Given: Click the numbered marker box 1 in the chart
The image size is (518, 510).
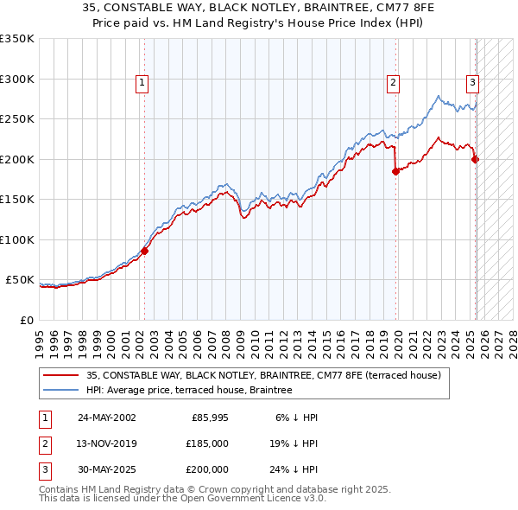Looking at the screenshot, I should pyautogui.click(x=142, y=83).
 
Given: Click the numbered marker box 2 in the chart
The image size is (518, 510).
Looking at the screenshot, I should pyautogui.click(x=393, y=83).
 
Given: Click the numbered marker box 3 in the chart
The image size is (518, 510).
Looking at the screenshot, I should pyautogui.click(x=473, y=83).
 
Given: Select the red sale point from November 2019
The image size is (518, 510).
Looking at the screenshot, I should pyautogui.click(x=396, y=171).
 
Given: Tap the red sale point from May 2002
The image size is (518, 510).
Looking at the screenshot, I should pyautogui.click(x=145, y=251).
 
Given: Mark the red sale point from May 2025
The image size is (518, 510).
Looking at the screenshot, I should pyautogui.click(x=476, y=159).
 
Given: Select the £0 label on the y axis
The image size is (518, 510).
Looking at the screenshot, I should pyautogui.click(x=26, y=320).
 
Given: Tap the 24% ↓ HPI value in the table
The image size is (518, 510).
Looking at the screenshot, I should pyautogui.click(x=293, y=469).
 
